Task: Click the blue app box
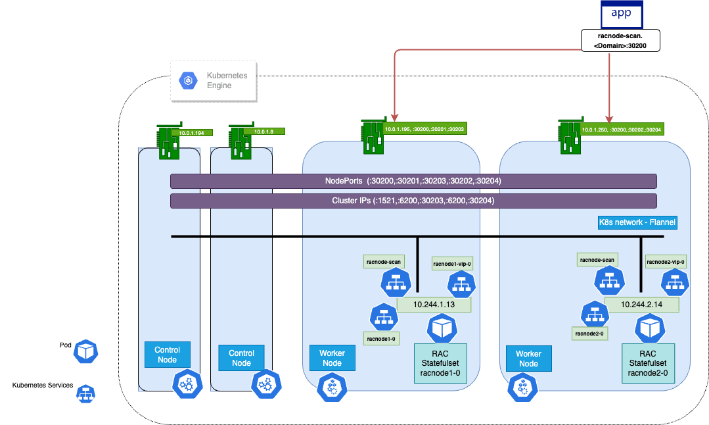tap(621, 14)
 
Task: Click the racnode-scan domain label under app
tap(620, 41)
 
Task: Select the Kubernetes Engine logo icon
tap(187, 81)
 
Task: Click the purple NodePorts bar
tap(413, 181)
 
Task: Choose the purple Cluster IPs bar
tap(413, 201)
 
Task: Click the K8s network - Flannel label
tap(637, 223)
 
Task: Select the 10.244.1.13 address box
tap(434, 305)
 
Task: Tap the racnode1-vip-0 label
tap(452, 264)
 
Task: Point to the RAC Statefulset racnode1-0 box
tap(440, 362)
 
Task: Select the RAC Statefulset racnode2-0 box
tap(647, 362)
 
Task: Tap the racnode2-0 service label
tap(590, 334)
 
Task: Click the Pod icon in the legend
tap(85, 351)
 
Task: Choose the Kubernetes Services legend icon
tap(84, 394)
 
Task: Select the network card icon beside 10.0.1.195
tap(373, 137)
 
